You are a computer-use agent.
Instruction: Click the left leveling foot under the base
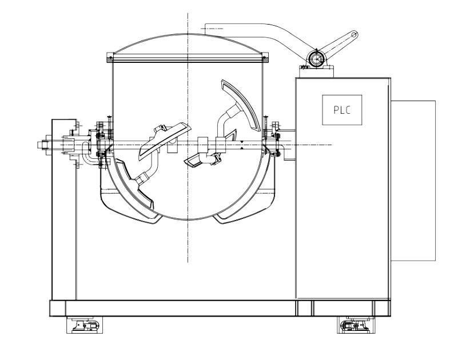click(x=84, y=326)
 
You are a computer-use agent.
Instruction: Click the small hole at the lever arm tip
click(x=355, y=35)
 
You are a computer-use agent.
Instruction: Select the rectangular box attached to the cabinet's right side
click(x=413, y=181)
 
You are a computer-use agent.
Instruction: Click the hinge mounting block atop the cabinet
click(x=316, y=69)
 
